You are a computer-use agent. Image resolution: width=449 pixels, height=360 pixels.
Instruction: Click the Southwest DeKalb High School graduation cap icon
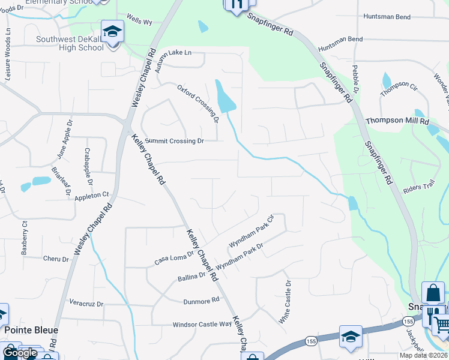pos(112,32)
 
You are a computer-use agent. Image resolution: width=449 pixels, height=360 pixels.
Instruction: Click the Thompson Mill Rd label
pos(397,121)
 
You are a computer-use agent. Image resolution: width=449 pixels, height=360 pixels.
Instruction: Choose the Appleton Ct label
pos(92,195)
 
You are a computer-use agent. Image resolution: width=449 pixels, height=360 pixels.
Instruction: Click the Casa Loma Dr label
pos(174,257)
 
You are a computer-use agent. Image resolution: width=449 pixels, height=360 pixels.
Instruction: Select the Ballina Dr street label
pos(191,278)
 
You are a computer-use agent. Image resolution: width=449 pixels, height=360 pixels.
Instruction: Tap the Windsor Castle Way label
pos(202,324)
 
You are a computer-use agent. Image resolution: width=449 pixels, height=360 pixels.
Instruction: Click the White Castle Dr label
pos(285,302)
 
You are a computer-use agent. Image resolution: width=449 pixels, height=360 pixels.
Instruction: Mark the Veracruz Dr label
pos(87,302)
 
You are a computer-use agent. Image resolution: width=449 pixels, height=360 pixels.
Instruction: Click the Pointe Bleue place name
pos(31,330)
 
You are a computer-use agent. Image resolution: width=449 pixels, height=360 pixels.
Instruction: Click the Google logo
pos(20,353)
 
